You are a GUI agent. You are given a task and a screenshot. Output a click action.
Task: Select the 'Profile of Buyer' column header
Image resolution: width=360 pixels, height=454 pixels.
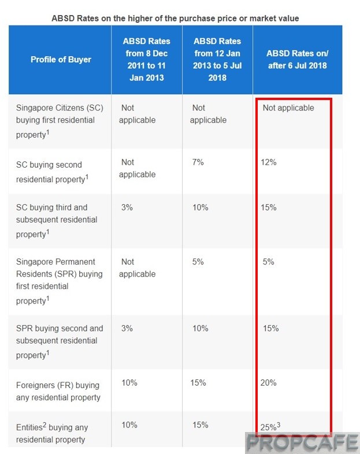(61, 59)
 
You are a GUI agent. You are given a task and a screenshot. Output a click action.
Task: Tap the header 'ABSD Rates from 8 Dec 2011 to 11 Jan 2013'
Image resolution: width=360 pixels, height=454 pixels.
(146, 59)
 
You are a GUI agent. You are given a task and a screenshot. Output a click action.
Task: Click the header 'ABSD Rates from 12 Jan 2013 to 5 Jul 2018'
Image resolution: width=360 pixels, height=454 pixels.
(217, 59)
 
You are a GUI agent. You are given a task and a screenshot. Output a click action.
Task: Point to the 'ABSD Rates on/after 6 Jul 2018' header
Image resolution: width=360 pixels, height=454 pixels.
(296, 59)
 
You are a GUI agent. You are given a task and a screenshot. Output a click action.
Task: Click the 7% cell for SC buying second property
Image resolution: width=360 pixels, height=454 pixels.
(198, 163)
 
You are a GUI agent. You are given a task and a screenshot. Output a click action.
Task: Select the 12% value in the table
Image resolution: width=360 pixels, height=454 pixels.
(269, 163)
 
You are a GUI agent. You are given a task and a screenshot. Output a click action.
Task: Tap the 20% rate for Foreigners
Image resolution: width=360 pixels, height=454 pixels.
(269, 382)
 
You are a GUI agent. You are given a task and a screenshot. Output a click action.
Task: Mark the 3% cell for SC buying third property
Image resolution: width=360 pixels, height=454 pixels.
(127, 207)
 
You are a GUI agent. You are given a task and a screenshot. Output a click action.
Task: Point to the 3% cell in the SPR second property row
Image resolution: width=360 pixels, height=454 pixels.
(127, 328)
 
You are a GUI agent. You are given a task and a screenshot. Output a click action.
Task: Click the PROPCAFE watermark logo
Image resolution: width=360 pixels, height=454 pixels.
(302, 443)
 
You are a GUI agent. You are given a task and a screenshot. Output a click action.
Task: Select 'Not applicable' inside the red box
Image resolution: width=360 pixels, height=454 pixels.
(288, 108)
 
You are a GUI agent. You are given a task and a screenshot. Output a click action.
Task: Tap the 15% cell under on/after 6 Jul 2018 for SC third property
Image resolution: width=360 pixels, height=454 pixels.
(269, 207)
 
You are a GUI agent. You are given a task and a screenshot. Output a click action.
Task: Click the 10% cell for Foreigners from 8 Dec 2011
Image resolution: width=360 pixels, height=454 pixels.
(129, 382)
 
